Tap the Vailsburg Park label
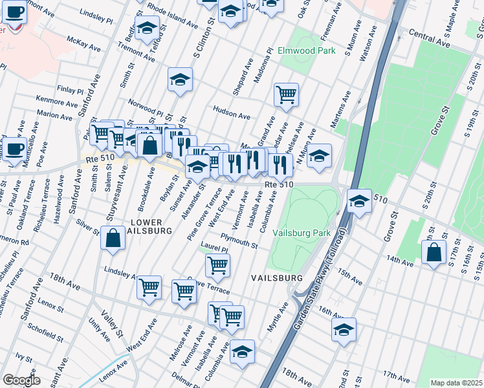point(302,233)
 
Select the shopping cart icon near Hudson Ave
point(285,94)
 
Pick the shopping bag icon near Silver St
point(113,237)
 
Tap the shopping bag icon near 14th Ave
point(433,253)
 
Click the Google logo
point(22,380)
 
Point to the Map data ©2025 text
point(456,383)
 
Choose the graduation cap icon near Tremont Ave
point(148,28)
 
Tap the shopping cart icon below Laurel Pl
point(217,264)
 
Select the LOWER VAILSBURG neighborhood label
point(150,225)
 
